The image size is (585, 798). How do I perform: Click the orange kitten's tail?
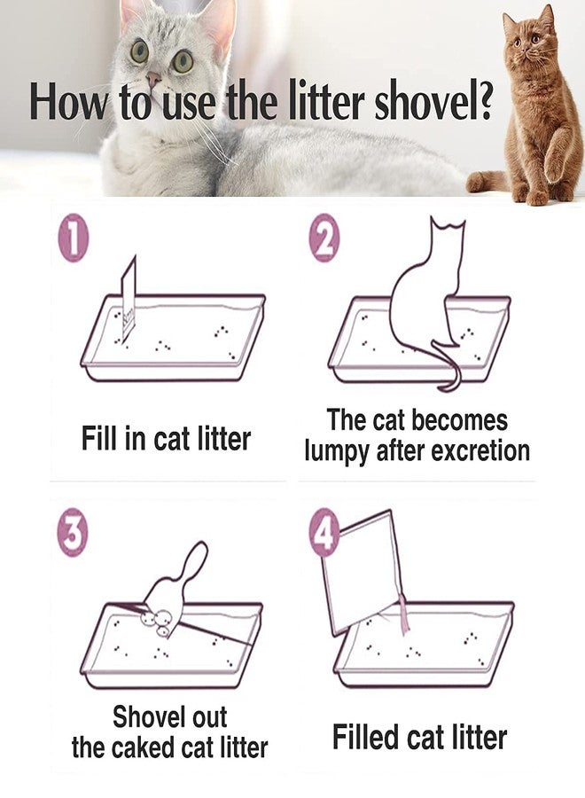pos(485,182)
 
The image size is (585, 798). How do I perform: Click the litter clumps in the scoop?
pos(158,622)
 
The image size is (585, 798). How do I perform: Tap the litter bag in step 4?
pos(361,574)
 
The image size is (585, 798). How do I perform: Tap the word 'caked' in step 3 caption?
pos(144,747)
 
